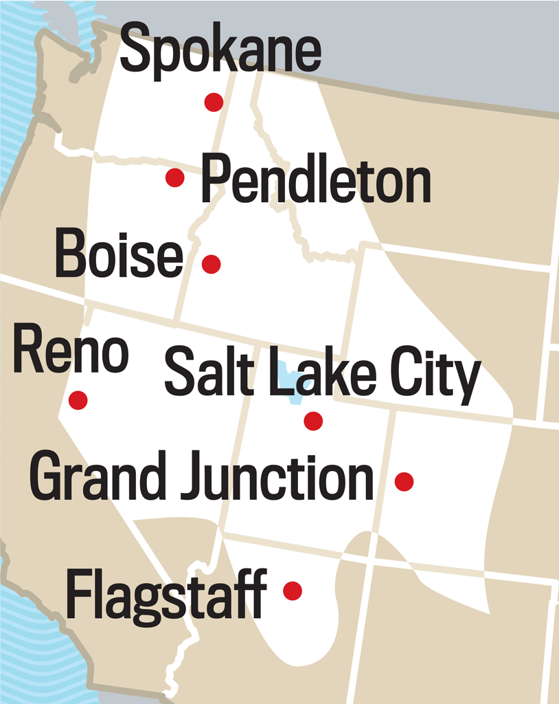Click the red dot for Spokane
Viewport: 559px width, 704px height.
[214, 102]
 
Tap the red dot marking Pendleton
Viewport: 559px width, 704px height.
[175, 178]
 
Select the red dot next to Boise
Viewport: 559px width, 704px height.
[211, 264]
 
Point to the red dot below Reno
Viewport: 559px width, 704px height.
[78, 399]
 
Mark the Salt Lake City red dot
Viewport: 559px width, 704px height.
[313, 421]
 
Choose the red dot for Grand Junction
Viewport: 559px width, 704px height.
[404, 481]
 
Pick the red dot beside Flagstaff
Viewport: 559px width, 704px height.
[293, 591]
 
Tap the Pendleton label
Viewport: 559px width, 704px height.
[315, 178]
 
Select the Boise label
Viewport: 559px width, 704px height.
[119, 255]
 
